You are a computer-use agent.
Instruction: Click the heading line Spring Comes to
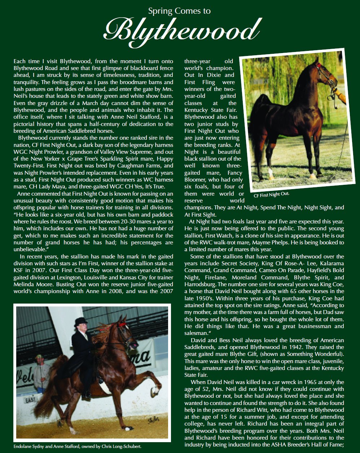coord(179,11)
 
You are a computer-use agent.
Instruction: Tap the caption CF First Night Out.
coord(272,195)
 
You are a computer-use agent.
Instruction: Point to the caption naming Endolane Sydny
coord(77,446)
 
